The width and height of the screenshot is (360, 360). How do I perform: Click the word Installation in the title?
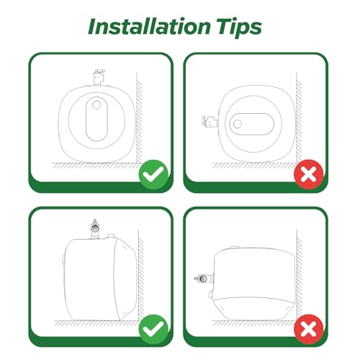tap(149, 26)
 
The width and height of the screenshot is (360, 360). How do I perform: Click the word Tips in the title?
tap(239, 27)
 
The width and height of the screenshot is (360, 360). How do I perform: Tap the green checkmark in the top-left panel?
tap(153, 174)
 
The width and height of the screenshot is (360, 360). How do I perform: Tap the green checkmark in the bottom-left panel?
tap(153, 329)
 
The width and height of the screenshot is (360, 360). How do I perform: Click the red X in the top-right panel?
tap(309, 174)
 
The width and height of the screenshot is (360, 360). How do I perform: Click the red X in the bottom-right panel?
tap(309, 329)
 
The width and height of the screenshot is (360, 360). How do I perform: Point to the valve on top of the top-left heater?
tap(99, 77)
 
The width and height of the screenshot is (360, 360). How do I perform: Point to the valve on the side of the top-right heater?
tap(210, 122)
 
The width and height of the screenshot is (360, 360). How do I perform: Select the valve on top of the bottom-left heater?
tap(95, 228)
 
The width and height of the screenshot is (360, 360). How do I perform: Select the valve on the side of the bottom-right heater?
tap(204, 278)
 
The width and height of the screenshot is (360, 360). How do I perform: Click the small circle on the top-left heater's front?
tap(96, 104)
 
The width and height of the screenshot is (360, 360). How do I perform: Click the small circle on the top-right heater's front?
tap(238, 124)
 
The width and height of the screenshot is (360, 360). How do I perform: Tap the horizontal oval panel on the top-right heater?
tap(252, 124)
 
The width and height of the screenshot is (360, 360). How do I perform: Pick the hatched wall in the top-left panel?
tap(140, 117)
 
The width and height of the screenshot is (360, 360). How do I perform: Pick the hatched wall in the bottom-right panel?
tap(299, 275)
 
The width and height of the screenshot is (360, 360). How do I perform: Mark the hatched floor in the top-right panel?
tap(254, 166)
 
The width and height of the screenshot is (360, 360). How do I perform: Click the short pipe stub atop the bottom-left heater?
tap(111, 236)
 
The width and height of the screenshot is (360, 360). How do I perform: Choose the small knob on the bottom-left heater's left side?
tap(63, 260)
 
